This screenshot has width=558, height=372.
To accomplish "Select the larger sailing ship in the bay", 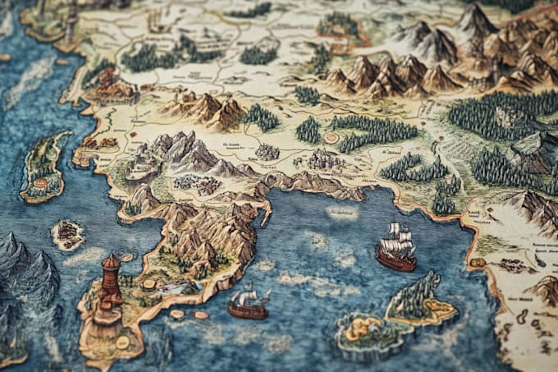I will [396, 249].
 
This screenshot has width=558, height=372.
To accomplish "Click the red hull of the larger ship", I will [395, 259].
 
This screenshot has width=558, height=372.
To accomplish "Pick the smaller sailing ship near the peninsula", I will [247, 305].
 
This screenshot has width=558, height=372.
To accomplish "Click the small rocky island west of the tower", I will [68, 236].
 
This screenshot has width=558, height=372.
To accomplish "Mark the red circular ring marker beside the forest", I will [332, 138].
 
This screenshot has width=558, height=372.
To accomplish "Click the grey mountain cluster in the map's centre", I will [176, 152].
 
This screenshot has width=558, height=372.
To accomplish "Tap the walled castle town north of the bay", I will [325, 158].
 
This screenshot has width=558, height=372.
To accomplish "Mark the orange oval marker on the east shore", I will [477, 263].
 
